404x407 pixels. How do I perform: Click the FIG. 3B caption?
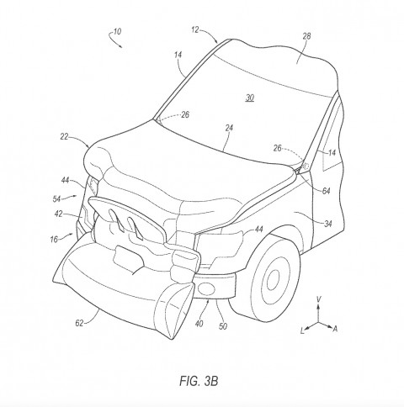199,381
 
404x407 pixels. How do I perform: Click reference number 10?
117,31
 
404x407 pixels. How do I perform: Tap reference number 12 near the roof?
195,29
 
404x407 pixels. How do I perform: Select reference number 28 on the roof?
306,36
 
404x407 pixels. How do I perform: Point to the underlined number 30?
250,98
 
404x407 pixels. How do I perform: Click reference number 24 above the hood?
229,128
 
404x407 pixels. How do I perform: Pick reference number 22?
64,136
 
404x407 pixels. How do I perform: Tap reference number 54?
56,198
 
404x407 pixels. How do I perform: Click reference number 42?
58,214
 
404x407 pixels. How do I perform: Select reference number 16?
54,239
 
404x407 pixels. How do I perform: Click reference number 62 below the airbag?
79,323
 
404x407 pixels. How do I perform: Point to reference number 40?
199,324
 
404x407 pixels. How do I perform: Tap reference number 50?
223,326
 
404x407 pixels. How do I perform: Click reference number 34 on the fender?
328,224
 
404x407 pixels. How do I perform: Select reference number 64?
326,191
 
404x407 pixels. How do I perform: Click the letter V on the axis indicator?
318,299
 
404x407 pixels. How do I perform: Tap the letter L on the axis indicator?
302,331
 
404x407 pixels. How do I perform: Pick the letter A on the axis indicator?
335,329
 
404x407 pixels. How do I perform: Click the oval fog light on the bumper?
205,288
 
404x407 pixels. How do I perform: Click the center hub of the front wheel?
273,279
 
